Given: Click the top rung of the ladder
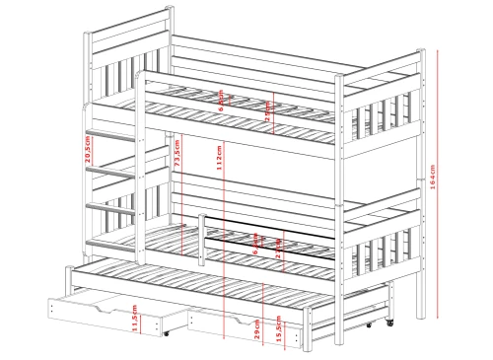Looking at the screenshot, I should [111, 133].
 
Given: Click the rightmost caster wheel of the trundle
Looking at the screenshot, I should [389, 323].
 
